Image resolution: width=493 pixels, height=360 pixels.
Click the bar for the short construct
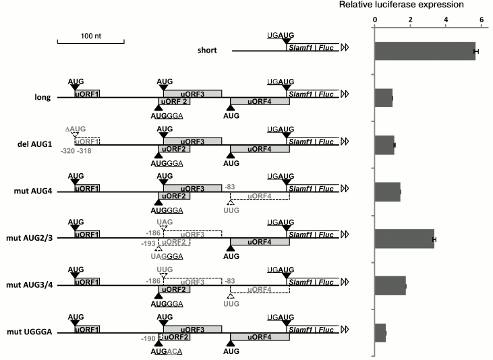426,51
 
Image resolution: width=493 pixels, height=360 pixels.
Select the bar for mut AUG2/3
405,239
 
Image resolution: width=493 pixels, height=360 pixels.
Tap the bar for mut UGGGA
380,332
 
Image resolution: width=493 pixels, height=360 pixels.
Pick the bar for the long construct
384,98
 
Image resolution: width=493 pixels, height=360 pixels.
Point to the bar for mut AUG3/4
390,286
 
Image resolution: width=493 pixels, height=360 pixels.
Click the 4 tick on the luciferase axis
446,20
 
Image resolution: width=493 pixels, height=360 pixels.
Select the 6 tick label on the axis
482,20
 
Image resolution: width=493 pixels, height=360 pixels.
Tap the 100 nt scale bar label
91,35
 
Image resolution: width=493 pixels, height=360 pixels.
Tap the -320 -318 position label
76,152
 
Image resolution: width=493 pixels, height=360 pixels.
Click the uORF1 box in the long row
88,93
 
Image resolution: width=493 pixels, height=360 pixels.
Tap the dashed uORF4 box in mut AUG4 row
260,195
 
